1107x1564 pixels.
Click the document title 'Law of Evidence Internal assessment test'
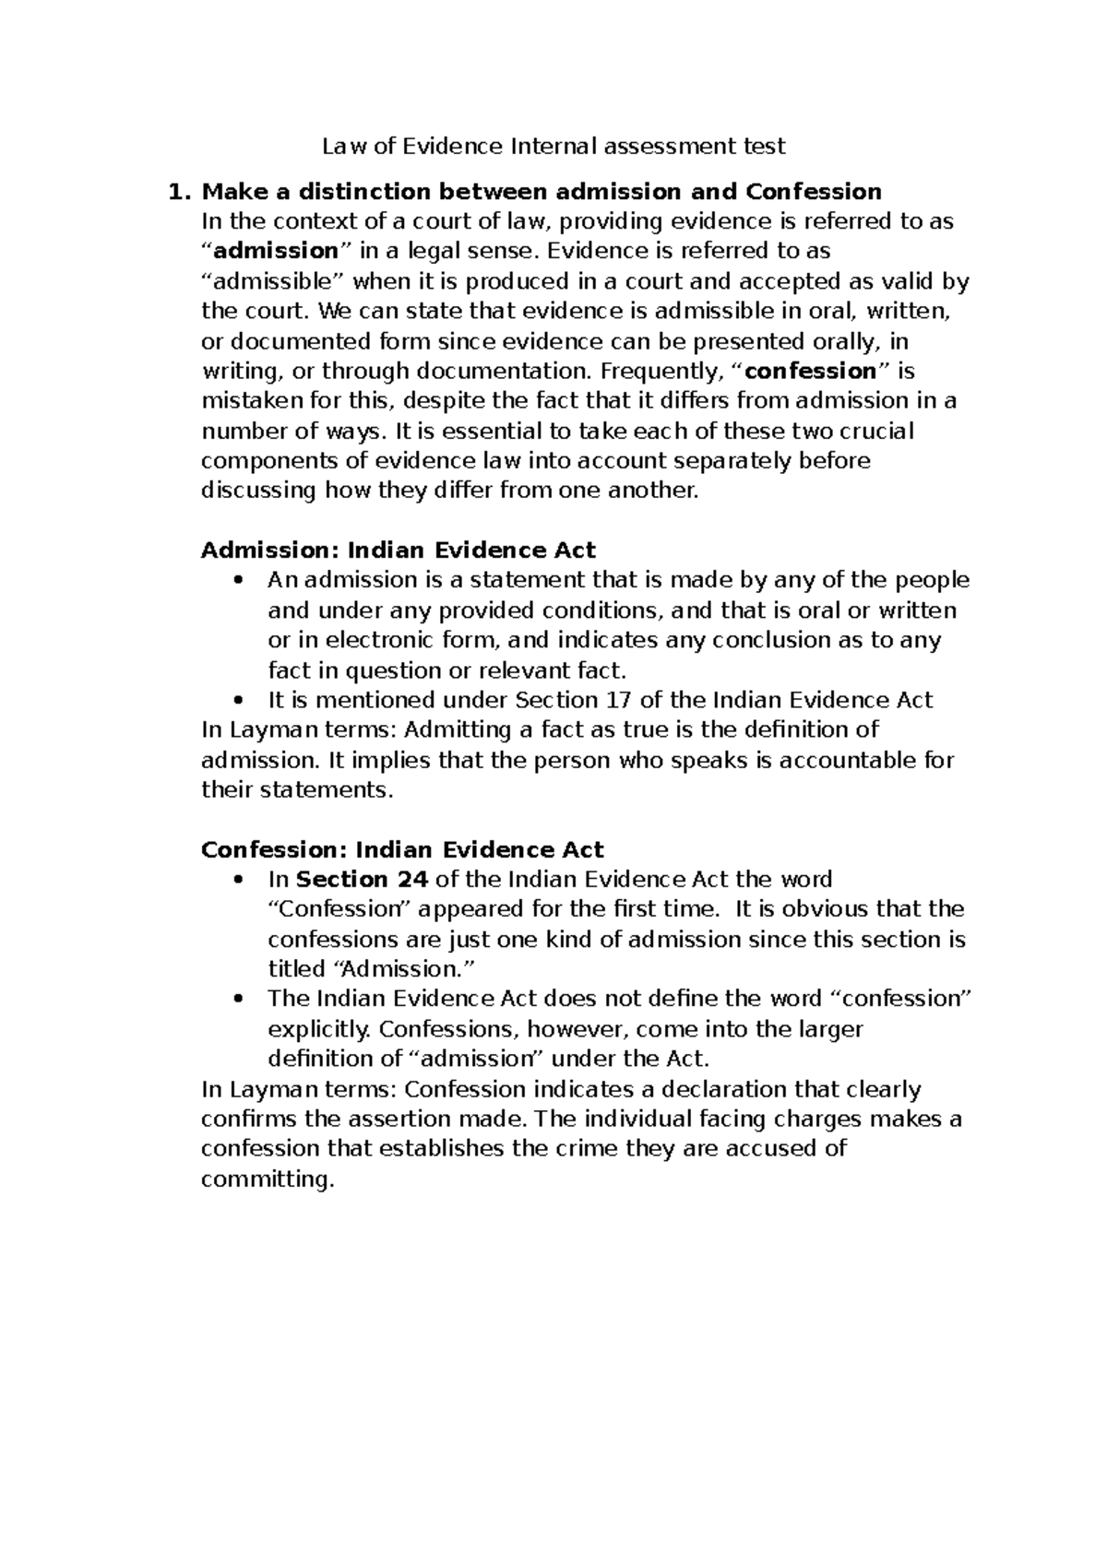(553, 146)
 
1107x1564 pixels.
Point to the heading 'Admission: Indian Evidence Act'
(398, 551)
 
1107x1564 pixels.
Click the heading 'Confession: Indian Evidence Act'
(402, 849)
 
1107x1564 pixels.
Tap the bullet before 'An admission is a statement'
(239, 581)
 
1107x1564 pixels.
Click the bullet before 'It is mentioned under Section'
(239, 700)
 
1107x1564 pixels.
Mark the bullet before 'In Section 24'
(239, 880)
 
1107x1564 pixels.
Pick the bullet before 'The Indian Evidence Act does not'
(239, 999)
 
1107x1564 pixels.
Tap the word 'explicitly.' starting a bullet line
(319, 1028)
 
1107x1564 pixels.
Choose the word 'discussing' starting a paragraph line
(258, 490)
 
